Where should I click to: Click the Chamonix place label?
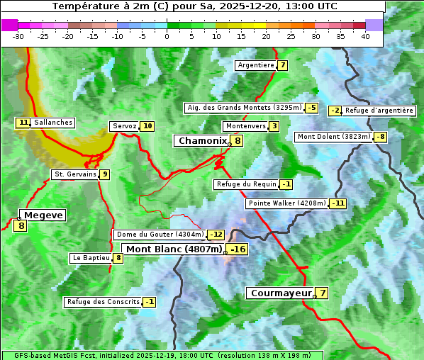coord(201,141)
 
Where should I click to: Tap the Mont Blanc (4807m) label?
coord(174,249)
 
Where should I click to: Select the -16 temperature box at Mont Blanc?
coord(238,249)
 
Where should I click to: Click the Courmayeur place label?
coord(281,293)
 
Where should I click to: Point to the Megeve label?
coord(43,215)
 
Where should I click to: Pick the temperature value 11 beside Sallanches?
coord(23,123)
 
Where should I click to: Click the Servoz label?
coord(124,126)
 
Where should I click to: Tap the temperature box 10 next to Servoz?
coord(147,126)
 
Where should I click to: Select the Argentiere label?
coord(256,65)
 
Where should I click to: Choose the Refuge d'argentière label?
coord(379,111)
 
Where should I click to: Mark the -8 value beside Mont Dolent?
coord(381,137)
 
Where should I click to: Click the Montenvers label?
coord(245,126)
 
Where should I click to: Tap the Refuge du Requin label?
coord(245,184)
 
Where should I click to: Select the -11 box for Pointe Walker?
coord(338,203)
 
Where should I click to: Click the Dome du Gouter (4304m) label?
coord(160,235)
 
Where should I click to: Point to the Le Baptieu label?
coord(91,258)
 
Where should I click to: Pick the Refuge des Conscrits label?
coord(102,302)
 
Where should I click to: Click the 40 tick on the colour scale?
coord(365,35)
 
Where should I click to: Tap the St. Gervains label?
coord(74,174)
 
